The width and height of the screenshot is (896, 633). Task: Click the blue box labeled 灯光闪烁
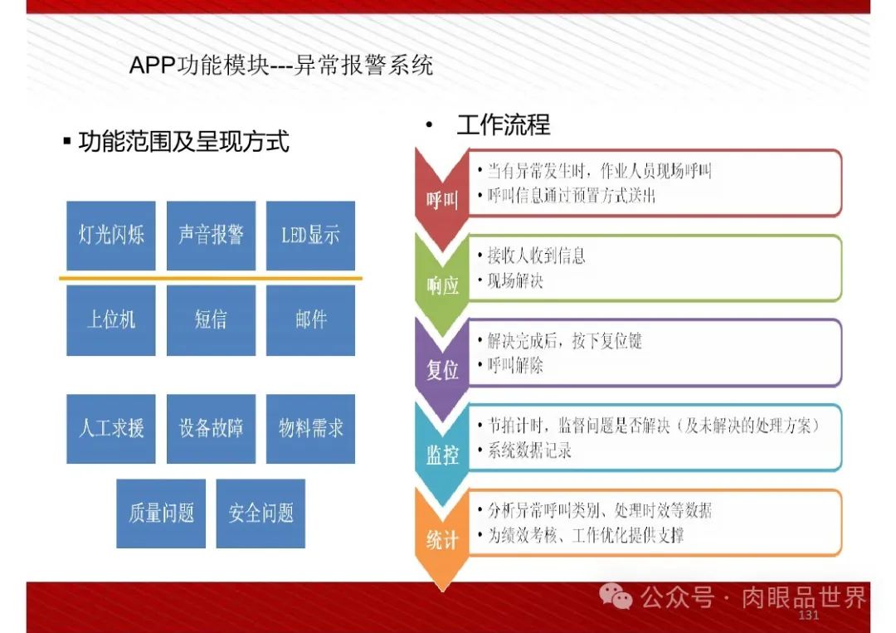tap(110, 236)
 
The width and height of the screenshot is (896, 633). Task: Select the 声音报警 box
tap(211, 236)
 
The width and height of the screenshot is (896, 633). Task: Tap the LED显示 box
tap(310, 236)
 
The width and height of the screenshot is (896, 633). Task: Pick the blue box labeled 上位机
tap(110, 320)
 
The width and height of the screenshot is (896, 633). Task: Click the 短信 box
tap(211, 320)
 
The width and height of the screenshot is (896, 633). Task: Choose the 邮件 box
tap(310, 320)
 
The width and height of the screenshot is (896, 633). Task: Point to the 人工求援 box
tap(110, 429)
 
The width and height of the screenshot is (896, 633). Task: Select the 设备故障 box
tap(211, 429)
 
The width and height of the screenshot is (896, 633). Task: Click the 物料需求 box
tap(310, 429)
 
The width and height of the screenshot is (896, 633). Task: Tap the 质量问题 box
tap(161, 514)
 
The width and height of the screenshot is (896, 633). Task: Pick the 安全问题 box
tap(261, 514)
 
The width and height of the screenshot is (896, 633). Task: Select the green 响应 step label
tap(442, 285)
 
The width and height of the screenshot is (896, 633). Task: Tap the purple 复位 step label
tap(442, 370)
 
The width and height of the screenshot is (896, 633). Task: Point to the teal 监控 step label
tap(442, 455)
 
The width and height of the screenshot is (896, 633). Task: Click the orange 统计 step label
tap(442, 540)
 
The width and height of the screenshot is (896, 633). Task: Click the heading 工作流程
tap(503, 125)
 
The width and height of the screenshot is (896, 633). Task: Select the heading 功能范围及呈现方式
tap(183, 142)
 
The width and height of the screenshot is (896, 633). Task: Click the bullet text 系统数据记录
tap(528, 452)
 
